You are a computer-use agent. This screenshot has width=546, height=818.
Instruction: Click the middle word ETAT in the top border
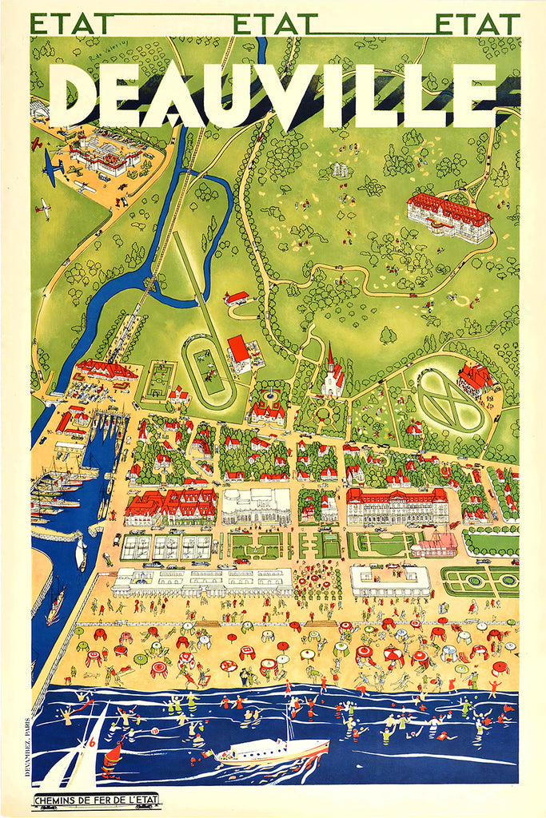click(266, 24)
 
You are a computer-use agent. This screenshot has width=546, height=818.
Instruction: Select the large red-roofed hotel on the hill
click(448, 217)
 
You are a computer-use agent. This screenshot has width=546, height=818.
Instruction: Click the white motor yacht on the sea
click(272, 751)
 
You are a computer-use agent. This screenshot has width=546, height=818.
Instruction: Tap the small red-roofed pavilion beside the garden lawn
click(435, 545)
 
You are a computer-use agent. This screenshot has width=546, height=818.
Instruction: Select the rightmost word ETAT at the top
click(477, 24)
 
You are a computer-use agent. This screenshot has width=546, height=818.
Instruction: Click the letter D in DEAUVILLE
click(72, 93)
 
